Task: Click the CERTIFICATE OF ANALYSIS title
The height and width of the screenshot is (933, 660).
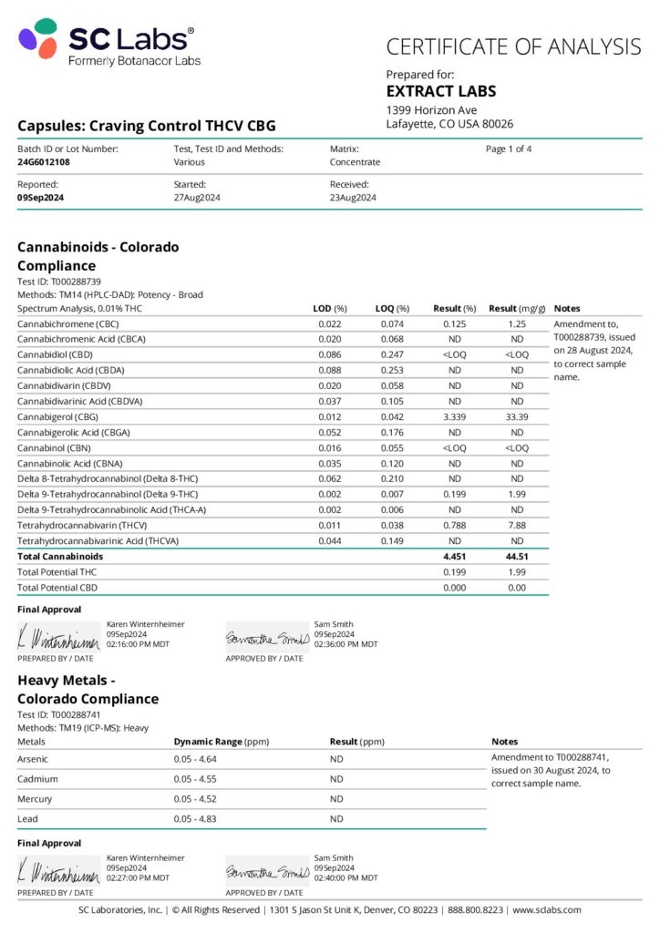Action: point(513,46)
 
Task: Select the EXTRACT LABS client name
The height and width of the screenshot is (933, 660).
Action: point(441,91)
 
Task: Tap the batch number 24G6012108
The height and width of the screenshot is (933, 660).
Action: point(44,162)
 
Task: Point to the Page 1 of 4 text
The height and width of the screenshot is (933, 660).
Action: point(509,149)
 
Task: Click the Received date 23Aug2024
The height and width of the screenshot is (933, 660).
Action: point(353,197)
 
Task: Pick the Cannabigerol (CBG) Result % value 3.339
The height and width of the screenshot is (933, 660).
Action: point(454,416)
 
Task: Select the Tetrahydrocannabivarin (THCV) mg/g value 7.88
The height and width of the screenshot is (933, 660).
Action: point(516,525)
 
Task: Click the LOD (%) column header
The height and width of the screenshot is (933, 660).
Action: point(330,308)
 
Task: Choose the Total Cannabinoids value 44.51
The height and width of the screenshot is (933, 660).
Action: point(516,556)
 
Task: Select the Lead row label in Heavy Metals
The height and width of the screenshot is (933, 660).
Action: point(27,818)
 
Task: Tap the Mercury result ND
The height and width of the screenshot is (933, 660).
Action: point(336,798)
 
